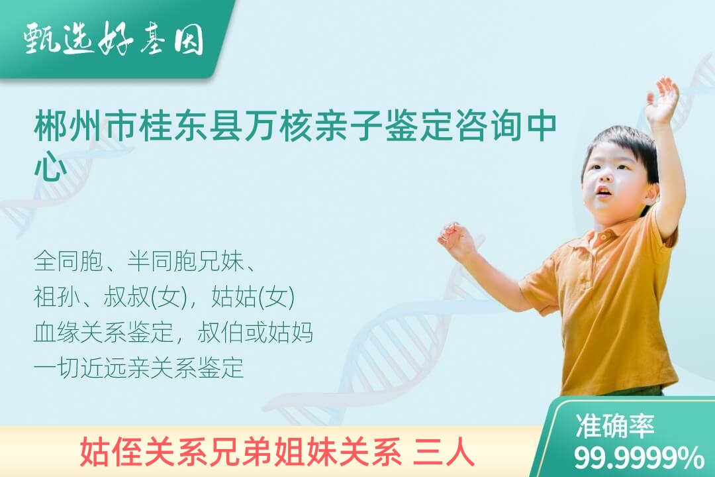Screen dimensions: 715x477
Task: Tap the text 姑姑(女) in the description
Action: [x=253, y=297]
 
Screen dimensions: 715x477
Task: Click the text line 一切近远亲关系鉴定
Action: [x=138, y=368]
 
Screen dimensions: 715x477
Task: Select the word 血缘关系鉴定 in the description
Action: [x=103, y=333]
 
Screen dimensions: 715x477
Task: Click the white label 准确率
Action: [x=614, y=426]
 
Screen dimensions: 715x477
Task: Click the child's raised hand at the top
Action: [x=662, y=100]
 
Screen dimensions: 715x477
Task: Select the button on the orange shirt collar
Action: [x=603, y=237]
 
